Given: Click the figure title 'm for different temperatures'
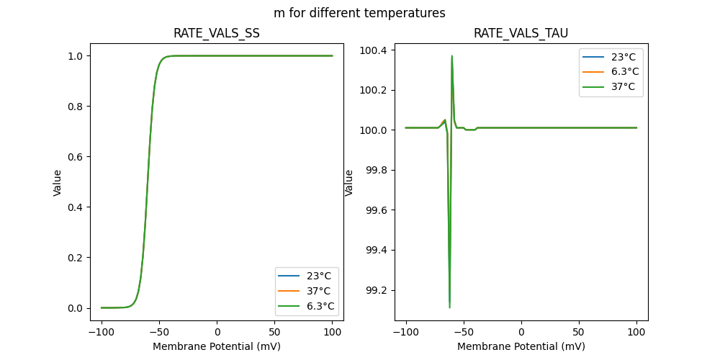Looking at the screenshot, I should click(359, 13).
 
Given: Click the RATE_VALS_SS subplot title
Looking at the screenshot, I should click(217, 33).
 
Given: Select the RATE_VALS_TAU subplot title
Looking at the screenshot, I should click(521, 33).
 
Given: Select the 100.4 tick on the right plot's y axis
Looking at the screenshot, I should click(374, 50).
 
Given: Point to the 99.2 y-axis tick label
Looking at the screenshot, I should click(377, 290).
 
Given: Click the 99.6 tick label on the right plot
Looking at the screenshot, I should click(377, 210).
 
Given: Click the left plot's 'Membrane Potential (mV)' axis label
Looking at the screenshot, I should click(217, 346).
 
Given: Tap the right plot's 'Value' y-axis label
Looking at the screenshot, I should click(349, 182).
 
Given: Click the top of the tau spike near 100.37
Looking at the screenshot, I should click(452, 55).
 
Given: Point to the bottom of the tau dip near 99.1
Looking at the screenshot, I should click(449, 307).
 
